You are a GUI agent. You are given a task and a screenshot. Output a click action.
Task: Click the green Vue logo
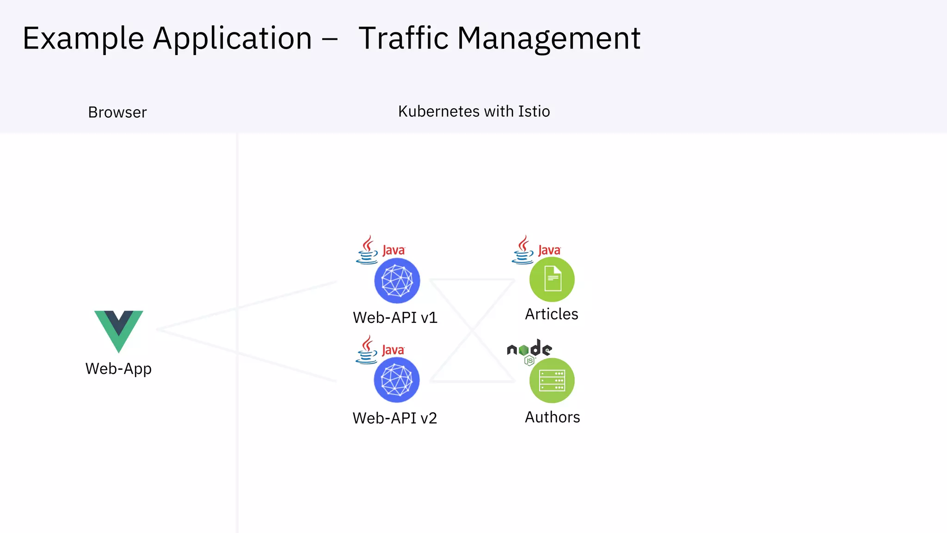[x=119, y=330]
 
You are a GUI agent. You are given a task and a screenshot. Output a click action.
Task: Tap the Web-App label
[x=118, y=369]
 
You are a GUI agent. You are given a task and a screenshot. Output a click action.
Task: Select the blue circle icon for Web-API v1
[x=397, y=280]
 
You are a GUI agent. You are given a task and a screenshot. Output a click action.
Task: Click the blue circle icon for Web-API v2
[x=396, y=380]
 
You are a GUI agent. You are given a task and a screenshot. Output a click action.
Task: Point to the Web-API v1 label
[x=395, y=318]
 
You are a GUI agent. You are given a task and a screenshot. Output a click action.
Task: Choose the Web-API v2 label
[x=394, y=418]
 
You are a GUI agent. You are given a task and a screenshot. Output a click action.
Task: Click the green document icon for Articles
[x=552, y=279]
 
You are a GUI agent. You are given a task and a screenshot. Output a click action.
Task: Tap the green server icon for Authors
[x=552, y=380]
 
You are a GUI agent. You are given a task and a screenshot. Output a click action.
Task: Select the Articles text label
[x=551, y=314]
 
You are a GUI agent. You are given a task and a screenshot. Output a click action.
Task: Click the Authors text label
[x=552, y=417]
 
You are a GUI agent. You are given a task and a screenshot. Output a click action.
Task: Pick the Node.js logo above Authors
[x=529, y=351]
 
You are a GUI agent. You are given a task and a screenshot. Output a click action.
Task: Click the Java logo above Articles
[x=535, y=250]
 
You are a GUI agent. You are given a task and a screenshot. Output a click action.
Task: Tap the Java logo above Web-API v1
[x=380, y=250]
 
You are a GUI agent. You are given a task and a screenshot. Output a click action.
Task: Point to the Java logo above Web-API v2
[x=380, y=350]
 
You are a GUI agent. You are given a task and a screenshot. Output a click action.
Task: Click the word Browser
[x=117, y=112]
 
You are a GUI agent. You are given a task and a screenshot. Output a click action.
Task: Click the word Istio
[x=534, y=112]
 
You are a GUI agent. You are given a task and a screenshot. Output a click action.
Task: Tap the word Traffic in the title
[x=404, y=38]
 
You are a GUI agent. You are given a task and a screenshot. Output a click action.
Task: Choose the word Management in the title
[x=548, y=38]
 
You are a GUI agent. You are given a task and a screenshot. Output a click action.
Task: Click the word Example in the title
[x=83, y=38]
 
